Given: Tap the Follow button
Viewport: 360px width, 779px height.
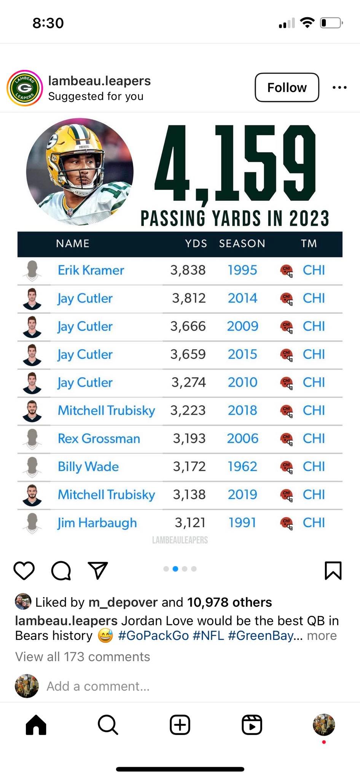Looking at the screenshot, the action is coord(287,87).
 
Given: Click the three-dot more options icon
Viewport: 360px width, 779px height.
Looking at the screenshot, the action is coord(339,87).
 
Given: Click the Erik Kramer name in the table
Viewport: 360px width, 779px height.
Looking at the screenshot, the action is coord(91,270).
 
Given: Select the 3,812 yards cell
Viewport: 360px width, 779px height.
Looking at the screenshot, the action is coord(189,298).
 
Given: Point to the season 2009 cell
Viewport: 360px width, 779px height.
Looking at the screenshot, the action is coord(243,326).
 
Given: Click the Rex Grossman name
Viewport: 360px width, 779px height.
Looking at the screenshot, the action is coord(99,438).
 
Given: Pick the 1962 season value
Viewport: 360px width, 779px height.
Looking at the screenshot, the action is coord(242,466).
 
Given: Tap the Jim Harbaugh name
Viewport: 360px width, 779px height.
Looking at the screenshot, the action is coord(97,523).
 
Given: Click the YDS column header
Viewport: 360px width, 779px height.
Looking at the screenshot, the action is coord(196,243).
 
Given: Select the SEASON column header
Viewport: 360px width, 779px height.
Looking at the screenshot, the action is coord(242,243).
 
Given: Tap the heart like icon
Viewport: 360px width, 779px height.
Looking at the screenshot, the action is coord(24,571).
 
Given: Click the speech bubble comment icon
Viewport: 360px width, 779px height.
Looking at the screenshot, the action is coord(61,571).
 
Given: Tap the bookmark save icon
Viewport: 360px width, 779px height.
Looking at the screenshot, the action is coord(333,571).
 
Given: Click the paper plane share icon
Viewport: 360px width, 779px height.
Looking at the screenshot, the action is coord(98,570).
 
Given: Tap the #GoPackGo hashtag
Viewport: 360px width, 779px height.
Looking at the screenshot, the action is coord(153,636).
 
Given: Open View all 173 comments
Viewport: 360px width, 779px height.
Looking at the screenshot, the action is coord(83,657).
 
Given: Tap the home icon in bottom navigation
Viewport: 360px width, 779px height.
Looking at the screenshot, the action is coord(36,725).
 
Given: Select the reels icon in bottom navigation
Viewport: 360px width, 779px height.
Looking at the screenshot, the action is coord(252,725).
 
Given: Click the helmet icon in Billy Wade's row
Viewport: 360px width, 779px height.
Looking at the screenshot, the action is coord(287,466).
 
